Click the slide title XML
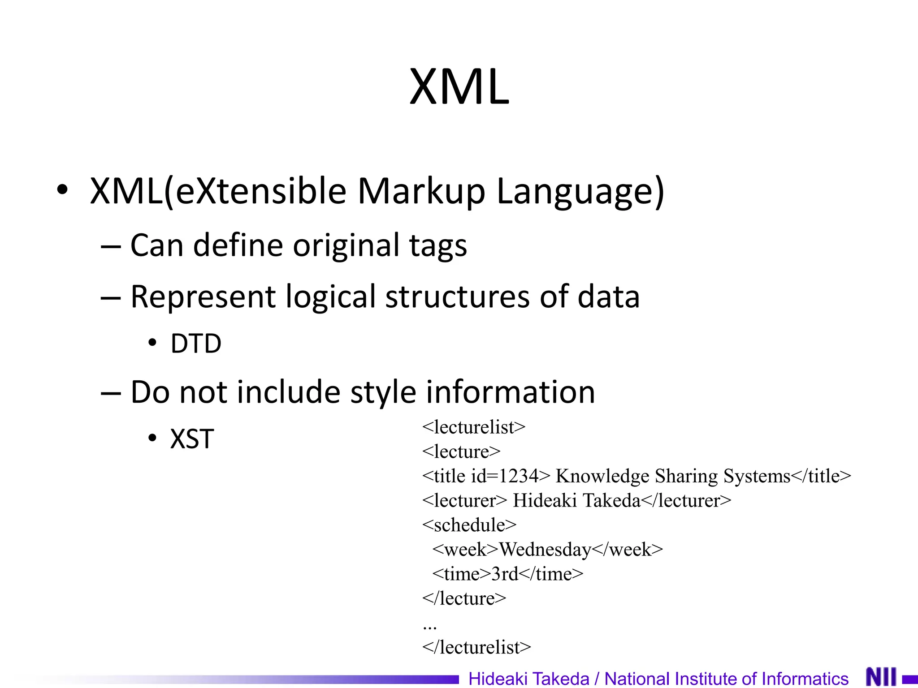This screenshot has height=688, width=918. tap(459, 86)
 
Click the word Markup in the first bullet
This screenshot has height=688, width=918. tap(421, 191)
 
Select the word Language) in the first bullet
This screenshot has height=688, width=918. tap(580, 191)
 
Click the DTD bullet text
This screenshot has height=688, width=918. tap(196, 344)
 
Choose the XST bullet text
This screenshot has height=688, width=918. tap(192, 439)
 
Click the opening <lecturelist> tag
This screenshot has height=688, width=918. tap(473, 427)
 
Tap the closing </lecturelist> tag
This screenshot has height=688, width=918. tap(476, 647)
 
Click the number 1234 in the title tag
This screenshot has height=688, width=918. tap(518, 476)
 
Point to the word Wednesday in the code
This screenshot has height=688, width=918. tap(545, 550)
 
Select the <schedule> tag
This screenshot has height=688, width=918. tap(469, 525)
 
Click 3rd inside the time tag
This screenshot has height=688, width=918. tap(505, 574)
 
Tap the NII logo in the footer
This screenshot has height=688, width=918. tap(881, 677)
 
